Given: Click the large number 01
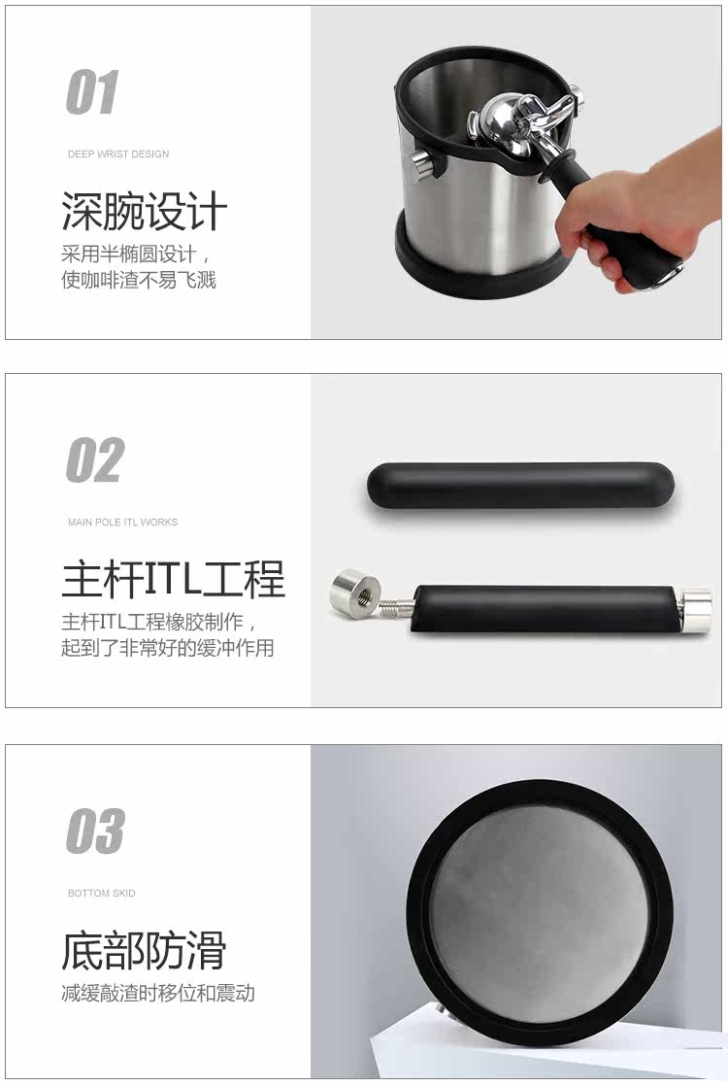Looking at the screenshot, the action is click(x=93, y=92).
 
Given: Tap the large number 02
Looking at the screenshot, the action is click(x=95, y=459).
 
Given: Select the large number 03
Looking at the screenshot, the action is click(x=95, y=831).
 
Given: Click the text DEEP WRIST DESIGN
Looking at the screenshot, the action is click(x=118, y=153).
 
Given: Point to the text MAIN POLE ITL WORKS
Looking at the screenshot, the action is click(x=122, y=522).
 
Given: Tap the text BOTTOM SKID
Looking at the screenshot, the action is click(x=102, y=893).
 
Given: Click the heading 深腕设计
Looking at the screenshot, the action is click(x=145, y=211).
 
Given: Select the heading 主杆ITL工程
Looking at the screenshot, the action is click(x=173, y=579).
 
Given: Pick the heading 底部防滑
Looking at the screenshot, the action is click(x=144, y=950).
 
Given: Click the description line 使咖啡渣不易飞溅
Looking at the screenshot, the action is click(x=139, y=279).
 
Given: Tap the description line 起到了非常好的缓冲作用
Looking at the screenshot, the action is click(x=168, y=647).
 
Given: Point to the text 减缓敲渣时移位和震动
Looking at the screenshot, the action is click(x=158, y=993).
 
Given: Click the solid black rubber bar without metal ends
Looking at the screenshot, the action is click(x=519, y=487).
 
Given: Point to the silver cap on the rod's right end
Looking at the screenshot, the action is click(x=693, y=609).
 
